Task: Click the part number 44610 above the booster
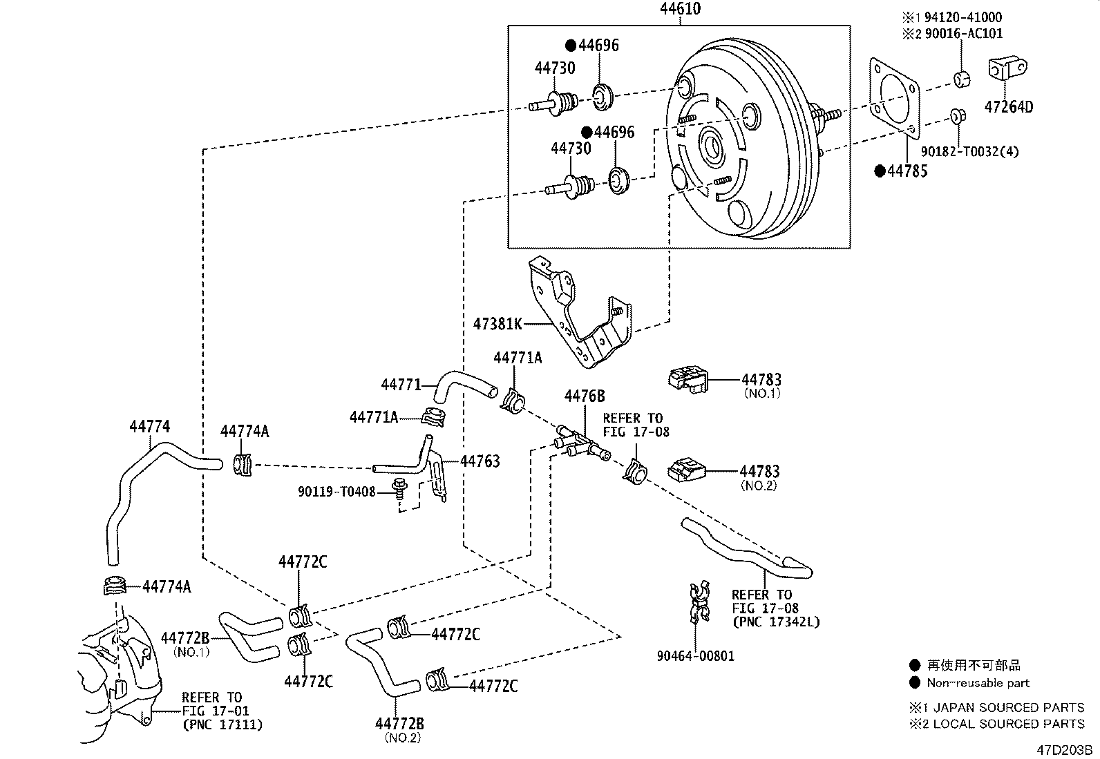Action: (680, 9)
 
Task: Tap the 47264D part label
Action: (1009, 107)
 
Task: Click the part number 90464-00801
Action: (696, 656)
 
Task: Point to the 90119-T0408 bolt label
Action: (336, 492)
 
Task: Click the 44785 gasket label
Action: (907, 171)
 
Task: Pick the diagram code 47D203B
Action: (1063, 749)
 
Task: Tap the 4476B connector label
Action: (585, 396)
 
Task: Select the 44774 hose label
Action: (149, 427)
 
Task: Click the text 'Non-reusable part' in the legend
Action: (978, 683)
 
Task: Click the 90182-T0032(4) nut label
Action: (969, 151)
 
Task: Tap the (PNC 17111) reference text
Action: (222, 724)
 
